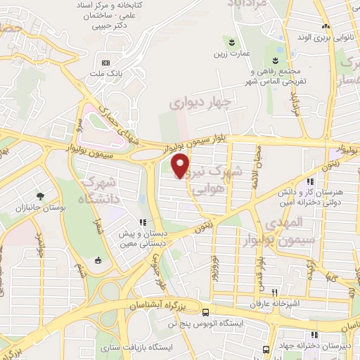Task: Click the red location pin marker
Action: pyautogui.click(x=181, y=165)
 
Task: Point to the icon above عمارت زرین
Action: pyautogui.click(x=228, y=41)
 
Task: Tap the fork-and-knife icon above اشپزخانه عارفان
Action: pyautogui.click(x=276, y=293)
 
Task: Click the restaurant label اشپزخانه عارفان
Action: pyautogui.click(x=276, y=305)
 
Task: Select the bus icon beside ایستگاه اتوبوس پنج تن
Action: pyautogui.click(x=205, y=312)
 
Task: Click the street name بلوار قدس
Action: pyautogui.click(x=259, y=266)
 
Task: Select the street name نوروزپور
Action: pyautogui.click(x=215, y=267)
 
